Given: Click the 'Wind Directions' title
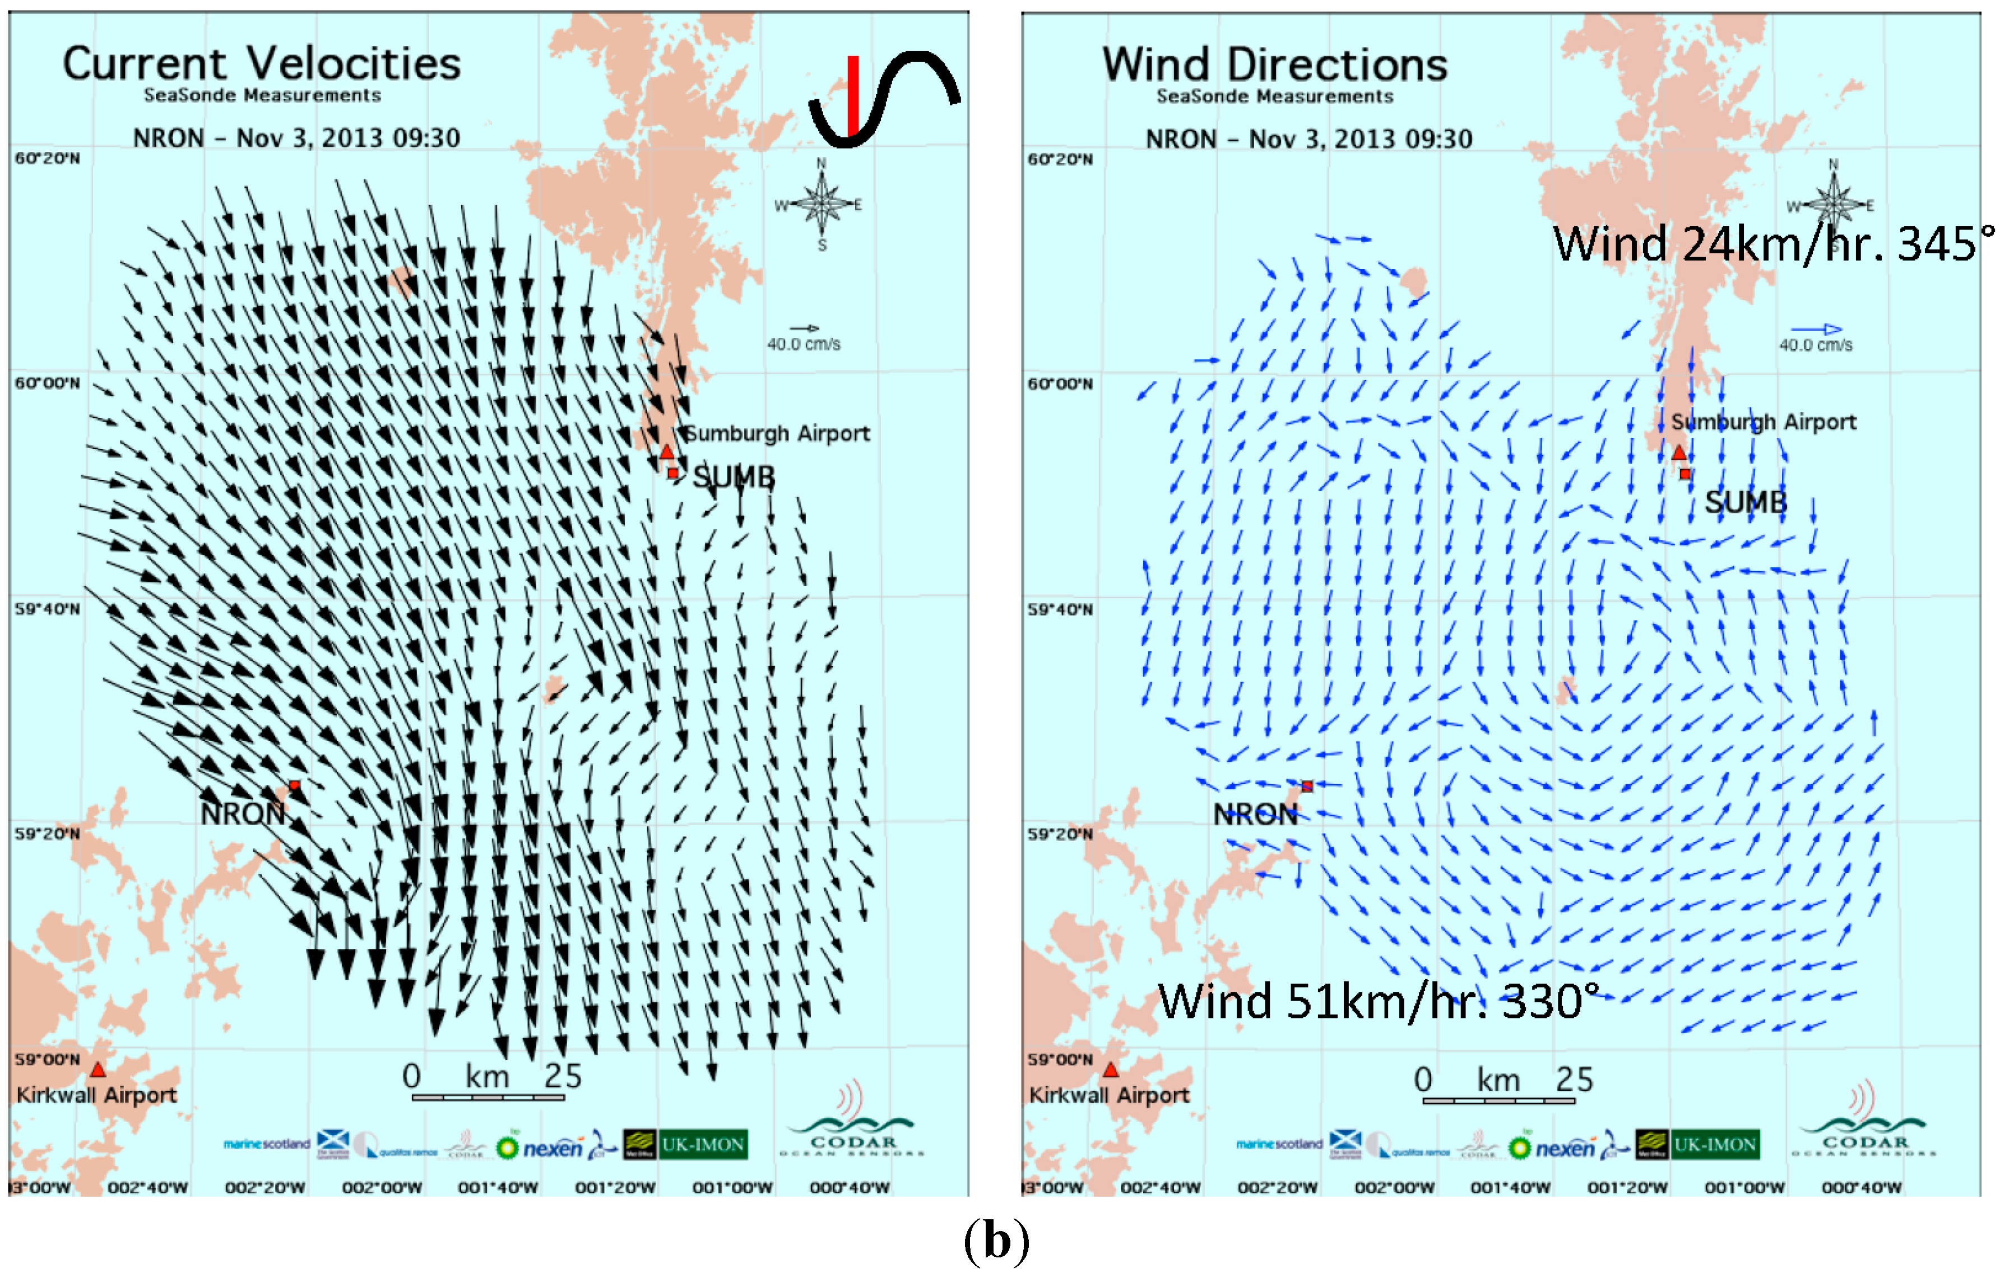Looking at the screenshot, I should click(1274, 66).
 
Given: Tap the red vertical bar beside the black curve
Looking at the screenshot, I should click(852, 95).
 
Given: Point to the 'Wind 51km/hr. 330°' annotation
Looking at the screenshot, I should click(1378, 1002).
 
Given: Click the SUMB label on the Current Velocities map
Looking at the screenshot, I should click(734, 478).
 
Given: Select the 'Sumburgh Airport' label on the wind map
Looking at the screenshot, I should click(1762, 422).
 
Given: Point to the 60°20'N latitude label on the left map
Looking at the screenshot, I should click(47, 159).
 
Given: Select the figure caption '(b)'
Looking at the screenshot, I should click(997, 1242).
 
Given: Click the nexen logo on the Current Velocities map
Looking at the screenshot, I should click(551, 1148).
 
